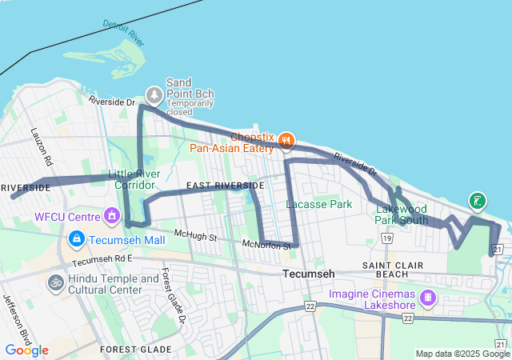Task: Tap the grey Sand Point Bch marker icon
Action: [153, 95]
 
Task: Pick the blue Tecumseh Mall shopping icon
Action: [77, 239]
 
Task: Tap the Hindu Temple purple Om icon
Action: [56, 283]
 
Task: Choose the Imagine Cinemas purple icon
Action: [430, 298]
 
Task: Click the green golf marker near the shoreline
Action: [478, 201]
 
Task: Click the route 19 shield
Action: [387, 238]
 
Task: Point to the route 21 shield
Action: [498, 250]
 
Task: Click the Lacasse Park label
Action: [319, 204]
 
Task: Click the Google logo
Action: [26, 350]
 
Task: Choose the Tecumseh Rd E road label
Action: [101, 261]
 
